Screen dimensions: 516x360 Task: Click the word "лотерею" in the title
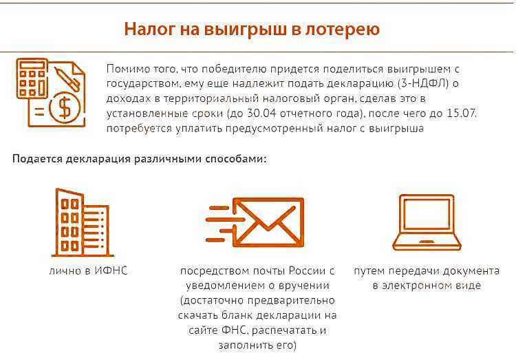tap(343, 29)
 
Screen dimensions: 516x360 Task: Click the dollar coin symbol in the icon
tap(65, 108)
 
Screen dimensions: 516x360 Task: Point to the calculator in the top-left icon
tap(32, 78)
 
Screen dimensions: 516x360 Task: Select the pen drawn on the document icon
tap(67, 79)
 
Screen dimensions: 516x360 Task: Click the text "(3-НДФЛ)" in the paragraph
tap(423, 84)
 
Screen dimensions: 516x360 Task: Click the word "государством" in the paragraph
tap(143, 84)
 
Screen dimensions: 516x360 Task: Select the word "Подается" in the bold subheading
tap(38, 159)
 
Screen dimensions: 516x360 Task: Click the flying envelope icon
tap(255, 222)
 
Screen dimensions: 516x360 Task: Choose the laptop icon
tap(427, 222)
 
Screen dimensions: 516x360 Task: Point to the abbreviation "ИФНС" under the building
tap(111, 271)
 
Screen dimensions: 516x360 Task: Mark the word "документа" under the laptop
tap(471, 271)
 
